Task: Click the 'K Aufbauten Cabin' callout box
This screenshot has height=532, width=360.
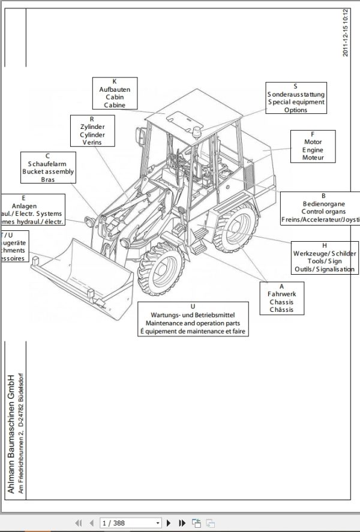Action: click(115, 94)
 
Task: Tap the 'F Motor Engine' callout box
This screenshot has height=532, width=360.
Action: click(313, 146)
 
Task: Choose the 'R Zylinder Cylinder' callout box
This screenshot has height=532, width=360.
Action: click(92, 131)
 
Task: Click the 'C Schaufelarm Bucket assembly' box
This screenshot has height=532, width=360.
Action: click(51, 167)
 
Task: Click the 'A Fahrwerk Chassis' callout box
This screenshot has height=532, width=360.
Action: click(281, 298)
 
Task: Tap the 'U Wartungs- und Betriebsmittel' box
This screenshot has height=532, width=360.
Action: click(193, 319)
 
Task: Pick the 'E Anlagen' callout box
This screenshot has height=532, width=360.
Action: click(33, 210)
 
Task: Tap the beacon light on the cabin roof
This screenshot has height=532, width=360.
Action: click(199, 132)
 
